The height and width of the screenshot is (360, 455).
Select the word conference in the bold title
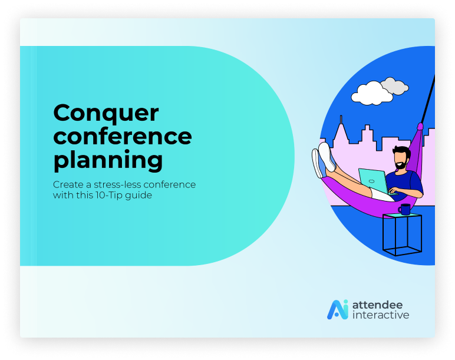(x=123, y=136)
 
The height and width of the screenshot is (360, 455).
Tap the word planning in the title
(x=108, y=161)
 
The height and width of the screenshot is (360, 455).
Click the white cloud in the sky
(x=372, y=93)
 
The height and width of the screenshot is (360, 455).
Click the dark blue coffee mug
(x=404, y=209)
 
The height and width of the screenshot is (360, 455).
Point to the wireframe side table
(x=402, y=235)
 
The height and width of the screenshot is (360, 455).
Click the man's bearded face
(x=401, y=160)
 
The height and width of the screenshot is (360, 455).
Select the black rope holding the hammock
(x=428, y=98)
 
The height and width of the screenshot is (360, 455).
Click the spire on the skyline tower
(x=341, y=120)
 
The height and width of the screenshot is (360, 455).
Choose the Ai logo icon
(x=338, y=309)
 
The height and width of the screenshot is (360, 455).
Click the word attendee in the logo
(x=377, y=305)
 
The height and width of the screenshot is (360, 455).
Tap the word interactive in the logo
(x=381, y=315)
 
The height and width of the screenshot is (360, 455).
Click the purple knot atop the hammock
(x=420, y=127)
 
